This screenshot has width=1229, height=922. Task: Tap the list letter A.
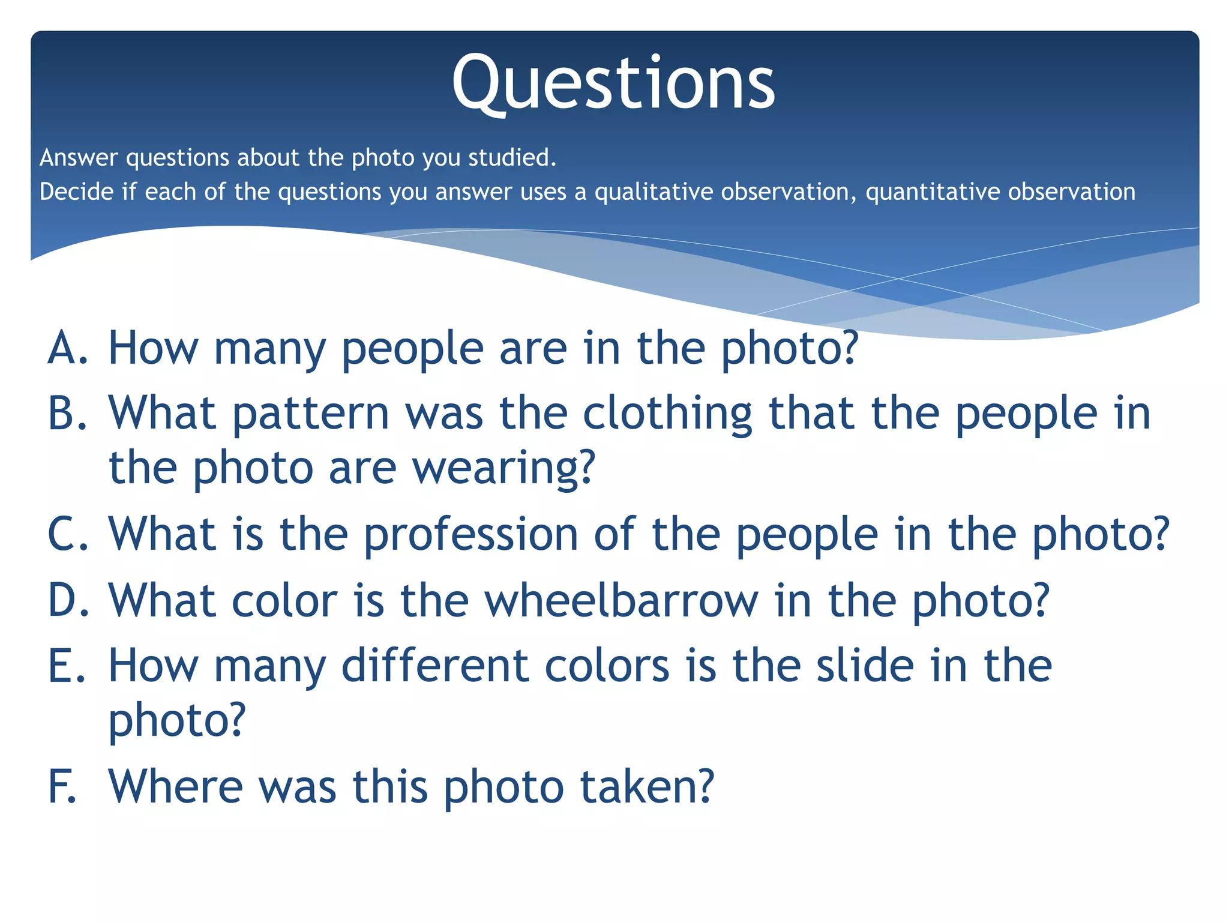pos(67,348)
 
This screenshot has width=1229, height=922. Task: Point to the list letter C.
pos(67,534)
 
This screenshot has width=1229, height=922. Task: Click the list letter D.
pos(67,600)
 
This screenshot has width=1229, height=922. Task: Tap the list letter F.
pos(62,786)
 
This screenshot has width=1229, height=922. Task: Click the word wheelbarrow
pos(621,600)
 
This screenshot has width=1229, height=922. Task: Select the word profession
pos(471,534)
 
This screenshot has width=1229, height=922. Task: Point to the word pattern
pos(311,414)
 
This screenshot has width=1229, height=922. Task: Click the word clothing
pos(667,414)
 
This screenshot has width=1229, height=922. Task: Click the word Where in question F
pos(176,786)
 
